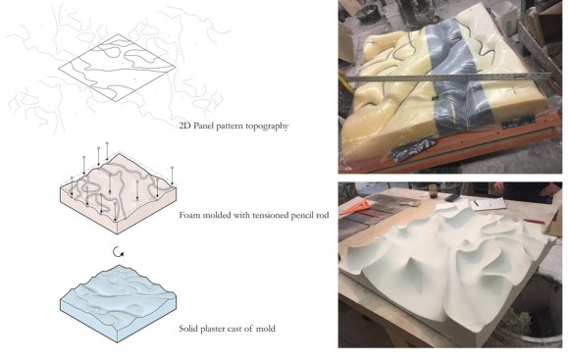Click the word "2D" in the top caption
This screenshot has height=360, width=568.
pyautogui.click(x=184, y=126)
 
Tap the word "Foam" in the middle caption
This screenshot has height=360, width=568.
pyautogui.click(x=189, y=215)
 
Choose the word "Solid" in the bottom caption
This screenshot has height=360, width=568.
pyautogui.click(x=188, y=329)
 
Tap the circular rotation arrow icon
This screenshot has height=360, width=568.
pyautogui.click(x=118, y=251)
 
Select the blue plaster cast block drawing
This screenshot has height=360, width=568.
pyautogui.click(x=118, y=303)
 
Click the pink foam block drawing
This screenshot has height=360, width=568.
pyautogui.click(x=118, y=193)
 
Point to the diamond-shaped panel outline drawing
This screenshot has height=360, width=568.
pyautogui.click(x=117, y=68)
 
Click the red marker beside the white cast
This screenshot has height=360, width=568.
pyautogui.click(x=534, y=222)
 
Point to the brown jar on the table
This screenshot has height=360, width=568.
pyautogui.click(x=433, y=191)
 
